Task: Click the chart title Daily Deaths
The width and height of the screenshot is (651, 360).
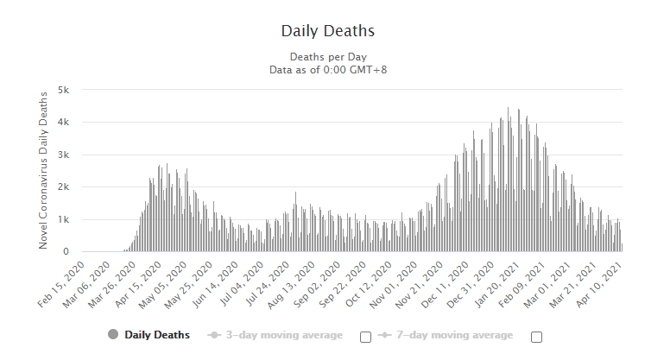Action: pos(327,31)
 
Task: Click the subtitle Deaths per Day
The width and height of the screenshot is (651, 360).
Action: pos(327,57)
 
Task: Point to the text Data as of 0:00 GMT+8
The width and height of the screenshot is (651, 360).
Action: pos(327,68)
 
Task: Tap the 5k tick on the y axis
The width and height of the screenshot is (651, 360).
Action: pos(74,90)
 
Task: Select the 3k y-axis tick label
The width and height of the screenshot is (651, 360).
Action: pos(74,155)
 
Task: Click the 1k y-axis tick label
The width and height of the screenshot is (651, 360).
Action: pos(74,219)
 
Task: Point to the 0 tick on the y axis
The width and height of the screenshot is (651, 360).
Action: pos(77,252)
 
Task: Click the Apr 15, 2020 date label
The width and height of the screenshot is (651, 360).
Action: pos(139,280)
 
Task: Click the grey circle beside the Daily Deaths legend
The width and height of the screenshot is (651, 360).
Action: pos(113,335)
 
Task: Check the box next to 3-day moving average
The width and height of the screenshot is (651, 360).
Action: pos(365,337)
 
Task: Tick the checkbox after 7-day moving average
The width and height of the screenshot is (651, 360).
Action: pos(536,337)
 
